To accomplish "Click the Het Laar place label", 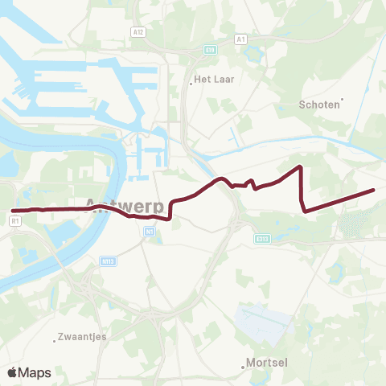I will point(214,80).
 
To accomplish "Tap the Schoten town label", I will point(318,105).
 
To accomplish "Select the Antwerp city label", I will point(125,204).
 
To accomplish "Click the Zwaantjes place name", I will point(83,337).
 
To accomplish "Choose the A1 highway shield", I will point(240,39).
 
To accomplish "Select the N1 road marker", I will point(150,232).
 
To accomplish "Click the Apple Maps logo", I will point(29,372).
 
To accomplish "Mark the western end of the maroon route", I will point(13,211).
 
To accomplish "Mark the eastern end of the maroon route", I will point(374,190).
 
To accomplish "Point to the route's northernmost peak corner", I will point(300,166).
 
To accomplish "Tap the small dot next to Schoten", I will point(342,101).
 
